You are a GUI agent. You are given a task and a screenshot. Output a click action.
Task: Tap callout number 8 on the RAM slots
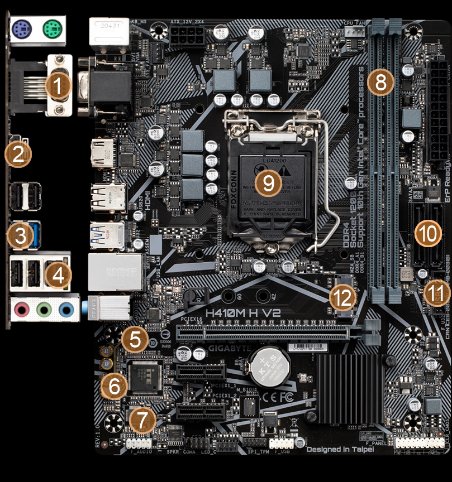[380, 83]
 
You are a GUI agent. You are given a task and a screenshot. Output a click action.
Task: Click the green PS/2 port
[51, 26]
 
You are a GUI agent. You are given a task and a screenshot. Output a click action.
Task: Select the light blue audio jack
[66, 309]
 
